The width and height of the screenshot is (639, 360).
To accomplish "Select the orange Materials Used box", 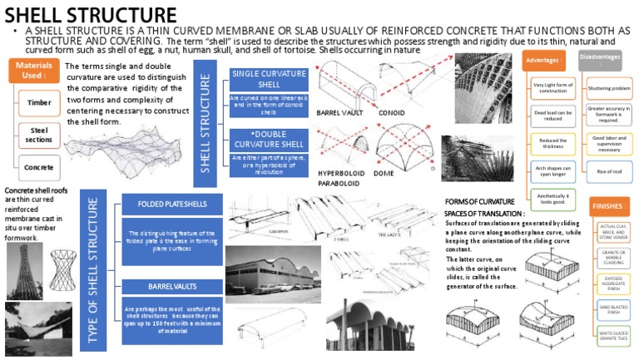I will [x=33, y=71].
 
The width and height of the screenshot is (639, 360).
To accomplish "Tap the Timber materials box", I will [x=39, y=103].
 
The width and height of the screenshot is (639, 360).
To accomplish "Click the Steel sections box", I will [x=39, y=135].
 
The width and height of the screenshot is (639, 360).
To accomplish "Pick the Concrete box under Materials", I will [x=39, y=167].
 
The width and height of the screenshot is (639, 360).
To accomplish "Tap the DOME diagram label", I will [x=384, y=174].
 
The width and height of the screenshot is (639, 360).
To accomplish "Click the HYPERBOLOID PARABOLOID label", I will [x=338, y=178].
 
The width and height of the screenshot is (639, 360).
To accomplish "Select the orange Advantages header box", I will [x=543, y=60].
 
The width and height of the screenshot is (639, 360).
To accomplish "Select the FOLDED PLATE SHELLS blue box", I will [x=174, y=202].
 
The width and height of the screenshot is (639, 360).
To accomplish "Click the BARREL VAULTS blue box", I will [x=174, y=286].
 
